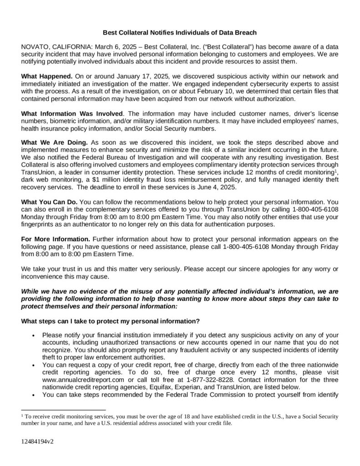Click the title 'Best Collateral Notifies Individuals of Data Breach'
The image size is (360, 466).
pyautogui.click(x=180, y=33)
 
